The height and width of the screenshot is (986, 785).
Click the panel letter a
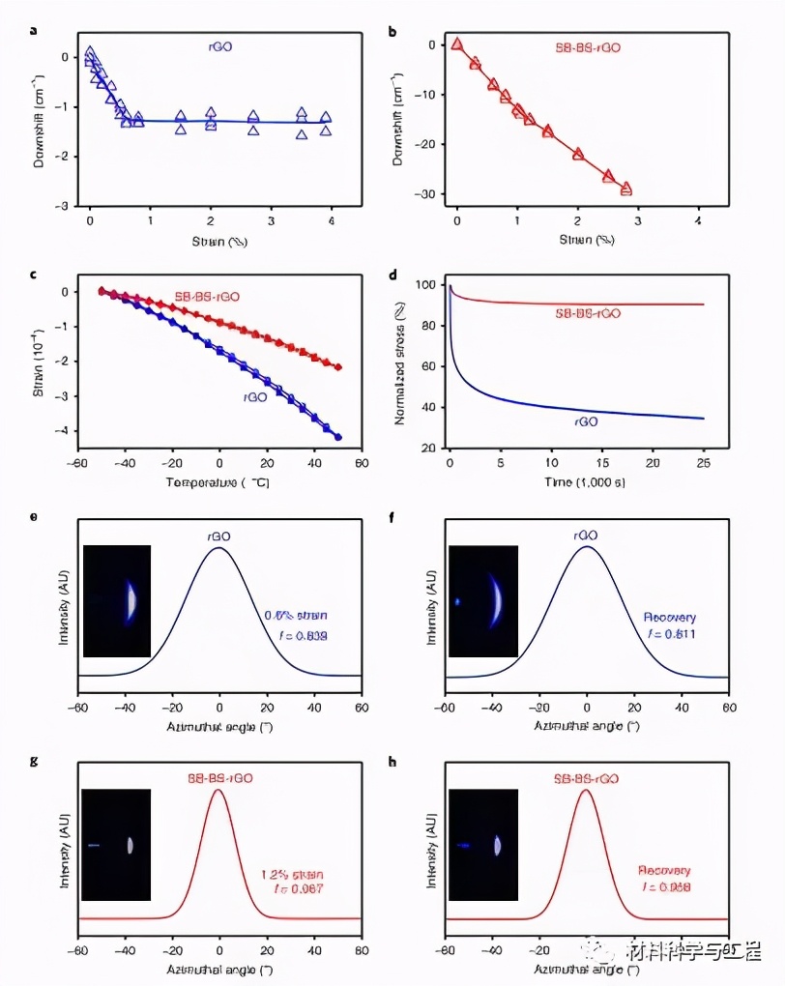[35, 30]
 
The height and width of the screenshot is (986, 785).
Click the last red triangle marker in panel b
[625, 188]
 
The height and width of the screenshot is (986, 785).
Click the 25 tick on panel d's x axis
[703, 464]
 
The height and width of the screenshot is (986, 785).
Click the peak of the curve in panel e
[219, 548]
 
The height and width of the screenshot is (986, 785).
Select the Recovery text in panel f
[669, 617]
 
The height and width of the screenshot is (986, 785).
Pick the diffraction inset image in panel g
[117, 844]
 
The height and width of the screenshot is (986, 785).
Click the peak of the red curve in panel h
[585, 791]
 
